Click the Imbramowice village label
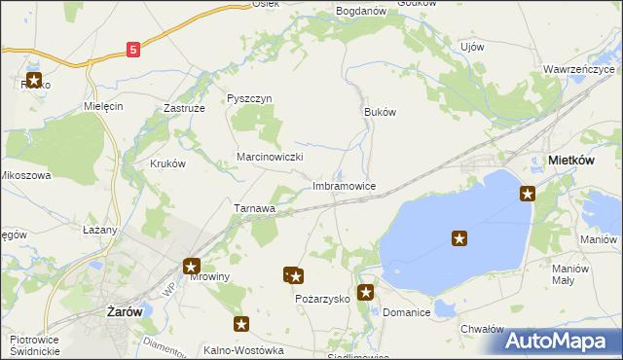click(x=344, y=185)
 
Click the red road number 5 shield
click(x=133, y=48)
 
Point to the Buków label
click(x=380, y=112)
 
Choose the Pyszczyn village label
click(x=249, y=99)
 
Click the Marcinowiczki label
click(x=272, y=157)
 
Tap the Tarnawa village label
click(x=255, y=208)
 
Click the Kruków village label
click(x=167, y=164)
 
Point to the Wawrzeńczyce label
click(x=579, y=70)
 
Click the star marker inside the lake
click(x=459, y=237)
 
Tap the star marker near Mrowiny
click(x=192, y=266)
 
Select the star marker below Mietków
click(x=528, y=194)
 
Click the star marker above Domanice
click(x=366, y=291)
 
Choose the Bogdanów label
click(x=361, y=11)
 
